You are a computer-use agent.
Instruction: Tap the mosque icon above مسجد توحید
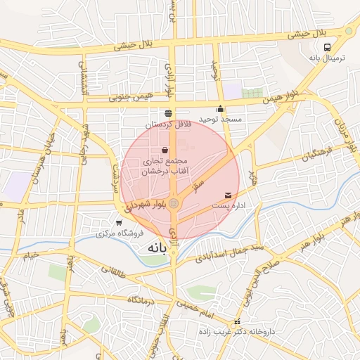(x=221, y=109)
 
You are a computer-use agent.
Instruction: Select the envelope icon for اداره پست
(x=228, y=195)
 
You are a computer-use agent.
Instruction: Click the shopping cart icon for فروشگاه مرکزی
(x=117, y=222)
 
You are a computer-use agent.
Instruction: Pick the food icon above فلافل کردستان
(x=167, y=113)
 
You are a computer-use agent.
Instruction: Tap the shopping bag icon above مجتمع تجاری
(x=165, y=150)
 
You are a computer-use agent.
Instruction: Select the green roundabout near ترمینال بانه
(x=349, y=31)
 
